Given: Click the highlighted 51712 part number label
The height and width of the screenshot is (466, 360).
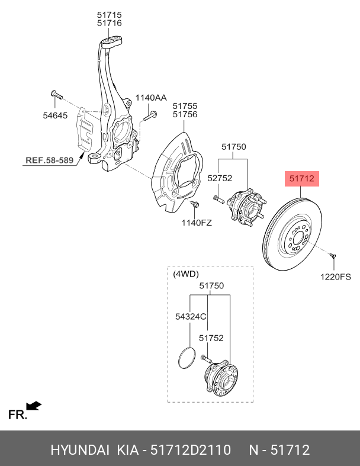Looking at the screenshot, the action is [x=302, y=178].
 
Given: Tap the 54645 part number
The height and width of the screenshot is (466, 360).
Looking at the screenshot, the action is [x=55, y=115].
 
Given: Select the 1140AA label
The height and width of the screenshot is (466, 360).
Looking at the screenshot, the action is [x=151, y=98].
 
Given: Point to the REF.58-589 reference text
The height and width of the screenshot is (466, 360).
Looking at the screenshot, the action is [x=49, y=160].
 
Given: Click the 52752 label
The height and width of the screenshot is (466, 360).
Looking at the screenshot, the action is [x=220, y=178].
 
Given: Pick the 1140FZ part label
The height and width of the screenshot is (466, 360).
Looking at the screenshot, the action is [x=197, y=222].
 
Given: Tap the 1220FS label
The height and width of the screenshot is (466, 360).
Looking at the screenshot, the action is [x=336, y=277].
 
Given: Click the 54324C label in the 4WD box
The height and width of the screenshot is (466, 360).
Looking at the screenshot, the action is [x=191, y=317].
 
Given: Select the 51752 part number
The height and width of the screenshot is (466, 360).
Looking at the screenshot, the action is [x=211, y=338].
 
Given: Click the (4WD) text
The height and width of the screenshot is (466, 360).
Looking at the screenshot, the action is [x=186, y=274].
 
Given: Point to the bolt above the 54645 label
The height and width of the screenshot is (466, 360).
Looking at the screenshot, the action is [x=56, y=95].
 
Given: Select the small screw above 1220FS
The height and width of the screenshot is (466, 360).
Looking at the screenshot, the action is [x=332, y=255].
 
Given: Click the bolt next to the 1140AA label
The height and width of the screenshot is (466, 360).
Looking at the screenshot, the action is [x=150, y=116].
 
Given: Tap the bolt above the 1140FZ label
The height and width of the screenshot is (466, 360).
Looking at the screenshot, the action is [x=195, y=204].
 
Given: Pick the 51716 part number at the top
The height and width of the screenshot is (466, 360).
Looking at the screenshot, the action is [x=110, y=23].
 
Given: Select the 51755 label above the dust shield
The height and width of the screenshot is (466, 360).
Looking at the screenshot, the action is [x=185, y=106].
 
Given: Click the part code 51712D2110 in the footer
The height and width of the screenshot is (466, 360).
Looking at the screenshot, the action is [x=191, y=450].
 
